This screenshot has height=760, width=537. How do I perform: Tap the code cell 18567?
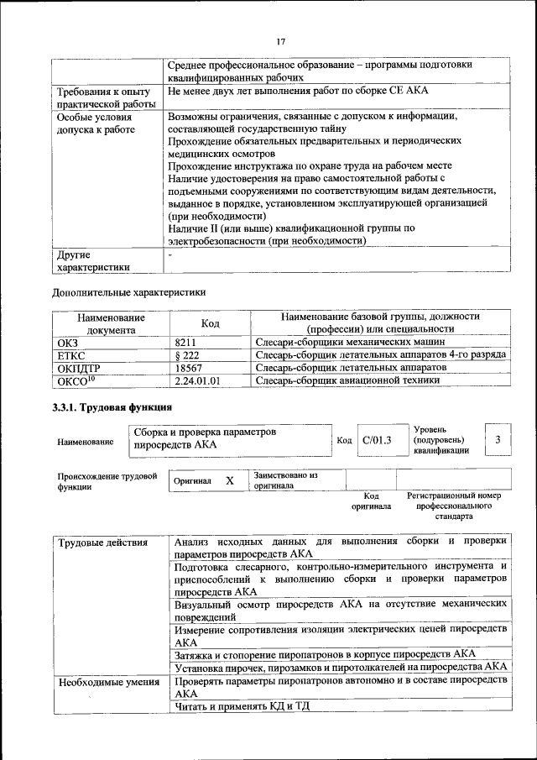point(190,368)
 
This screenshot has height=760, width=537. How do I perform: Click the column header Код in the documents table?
point(211,323)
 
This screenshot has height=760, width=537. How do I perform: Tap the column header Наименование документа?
point(111,323)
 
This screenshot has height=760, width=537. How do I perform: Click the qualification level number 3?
point(498,439)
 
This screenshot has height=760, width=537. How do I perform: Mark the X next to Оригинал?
point(229,480)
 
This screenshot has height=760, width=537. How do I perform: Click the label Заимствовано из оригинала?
point(285,480)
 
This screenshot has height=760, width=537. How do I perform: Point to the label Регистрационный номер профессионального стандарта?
point(454,506)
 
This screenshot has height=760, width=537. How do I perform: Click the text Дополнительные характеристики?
point(128,293)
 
